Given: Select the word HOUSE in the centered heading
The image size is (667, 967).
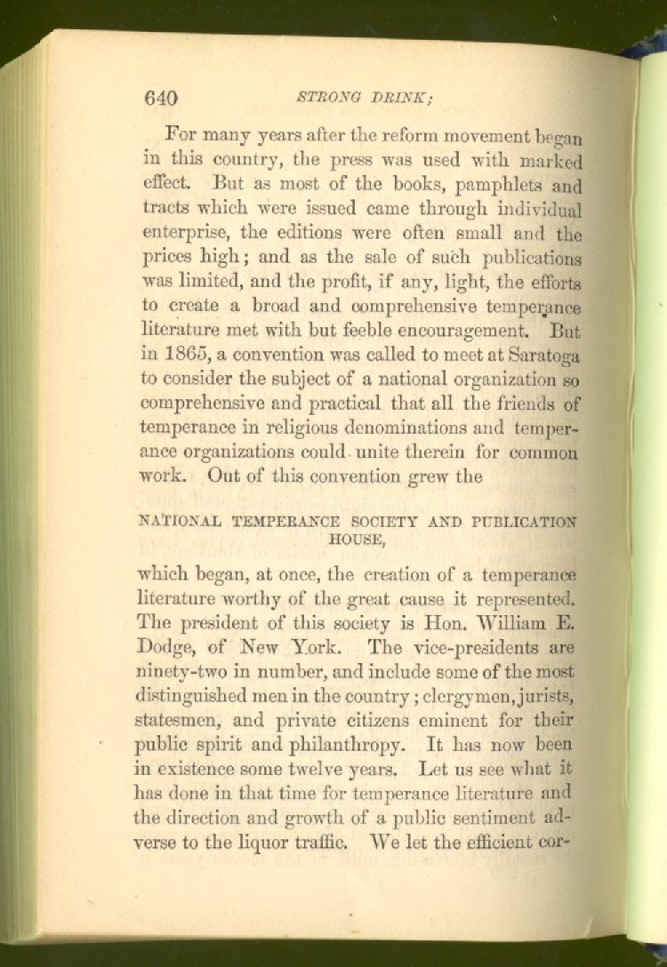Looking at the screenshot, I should [359, 538].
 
